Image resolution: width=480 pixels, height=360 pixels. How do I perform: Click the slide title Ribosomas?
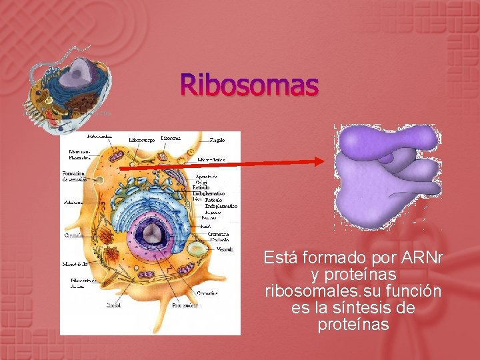pos(250,85)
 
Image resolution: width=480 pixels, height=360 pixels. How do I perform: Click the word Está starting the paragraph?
pos(280,257)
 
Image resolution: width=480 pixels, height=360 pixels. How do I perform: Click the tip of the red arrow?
pos(325,159)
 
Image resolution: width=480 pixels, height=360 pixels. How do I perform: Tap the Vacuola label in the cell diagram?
pos(225,249)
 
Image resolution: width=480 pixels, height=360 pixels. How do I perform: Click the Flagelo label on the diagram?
pos(217,140)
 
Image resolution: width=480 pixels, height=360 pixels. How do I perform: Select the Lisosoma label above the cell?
pos(171,138)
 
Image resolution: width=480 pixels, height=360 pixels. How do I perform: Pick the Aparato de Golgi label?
pos(206,180)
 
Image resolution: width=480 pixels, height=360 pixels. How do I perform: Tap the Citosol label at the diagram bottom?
pos(113,305)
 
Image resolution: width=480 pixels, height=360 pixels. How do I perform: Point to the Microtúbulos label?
pos(211,160)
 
